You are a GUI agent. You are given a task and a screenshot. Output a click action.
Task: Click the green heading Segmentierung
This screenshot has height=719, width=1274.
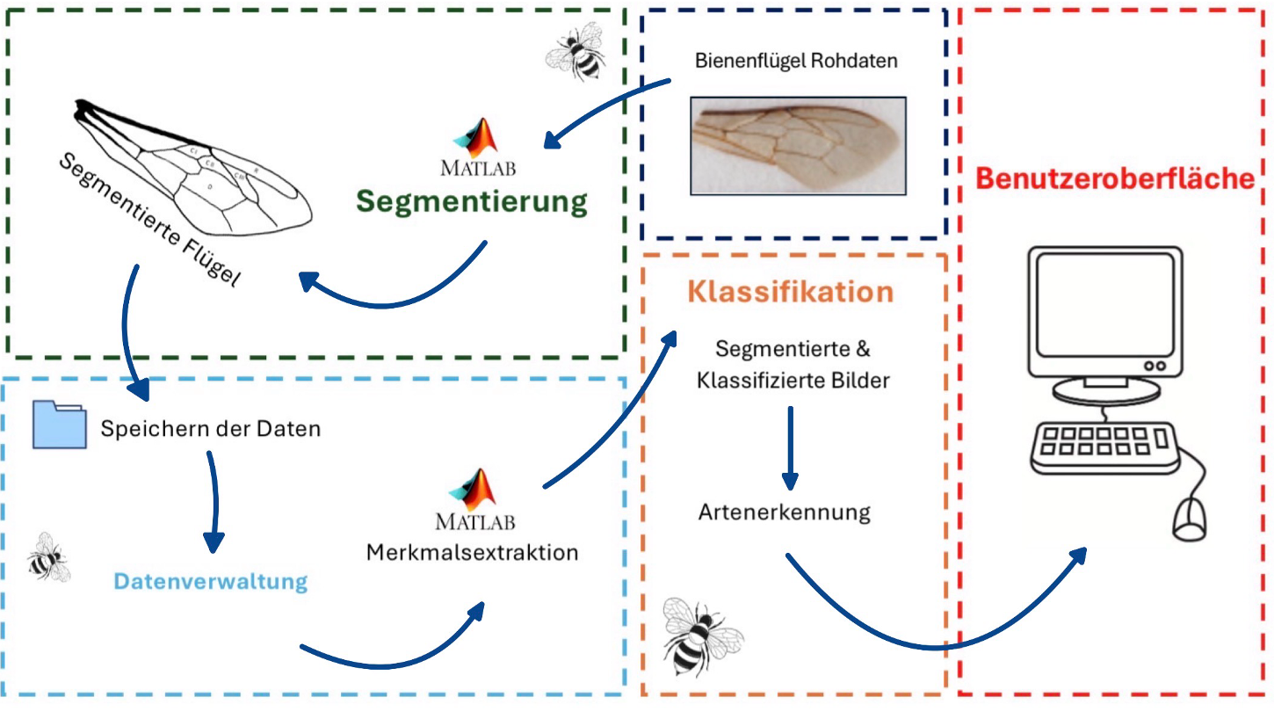tap(471, 201)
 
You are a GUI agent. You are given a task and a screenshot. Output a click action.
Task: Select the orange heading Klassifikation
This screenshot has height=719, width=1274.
tap(791, 292)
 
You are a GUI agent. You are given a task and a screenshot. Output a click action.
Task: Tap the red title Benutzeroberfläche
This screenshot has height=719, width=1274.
tap(1115, 178)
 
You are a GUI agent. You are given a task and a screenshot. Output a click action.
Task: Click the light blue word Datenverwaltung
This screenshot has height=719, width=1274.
tap(211, 581)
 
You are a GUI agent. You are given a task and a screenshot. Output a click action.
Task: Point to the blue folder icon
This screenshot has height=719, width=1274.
tap(60, 425)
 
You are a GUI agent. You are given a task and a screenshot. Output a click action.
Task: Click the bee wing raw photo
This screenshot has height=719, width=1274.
tap(798, 145)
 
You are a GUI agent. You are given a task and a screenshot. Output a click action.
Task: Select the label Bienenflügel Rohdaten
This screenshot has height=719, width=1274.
tap(796, 62)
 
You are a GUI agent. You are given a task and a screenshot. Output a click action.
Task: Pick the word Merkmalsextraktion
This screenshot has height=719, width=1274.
tap(473, 553)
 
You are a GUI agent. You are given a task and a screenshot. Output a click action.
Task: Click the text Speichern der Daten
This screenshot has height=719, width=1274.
tap(211, 430)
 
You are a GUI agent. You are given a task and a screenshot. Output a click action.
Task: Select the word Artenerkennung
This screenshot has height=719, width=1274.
tap(785, 512)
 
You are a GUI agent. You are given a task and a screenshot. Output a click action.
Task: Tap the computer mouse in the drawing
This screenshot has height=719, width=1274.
tap(1191, 518)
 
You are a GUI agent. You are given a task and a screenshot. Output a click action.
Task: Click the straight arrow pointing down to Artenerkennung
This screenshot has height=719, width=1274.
tap(790, 447)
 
